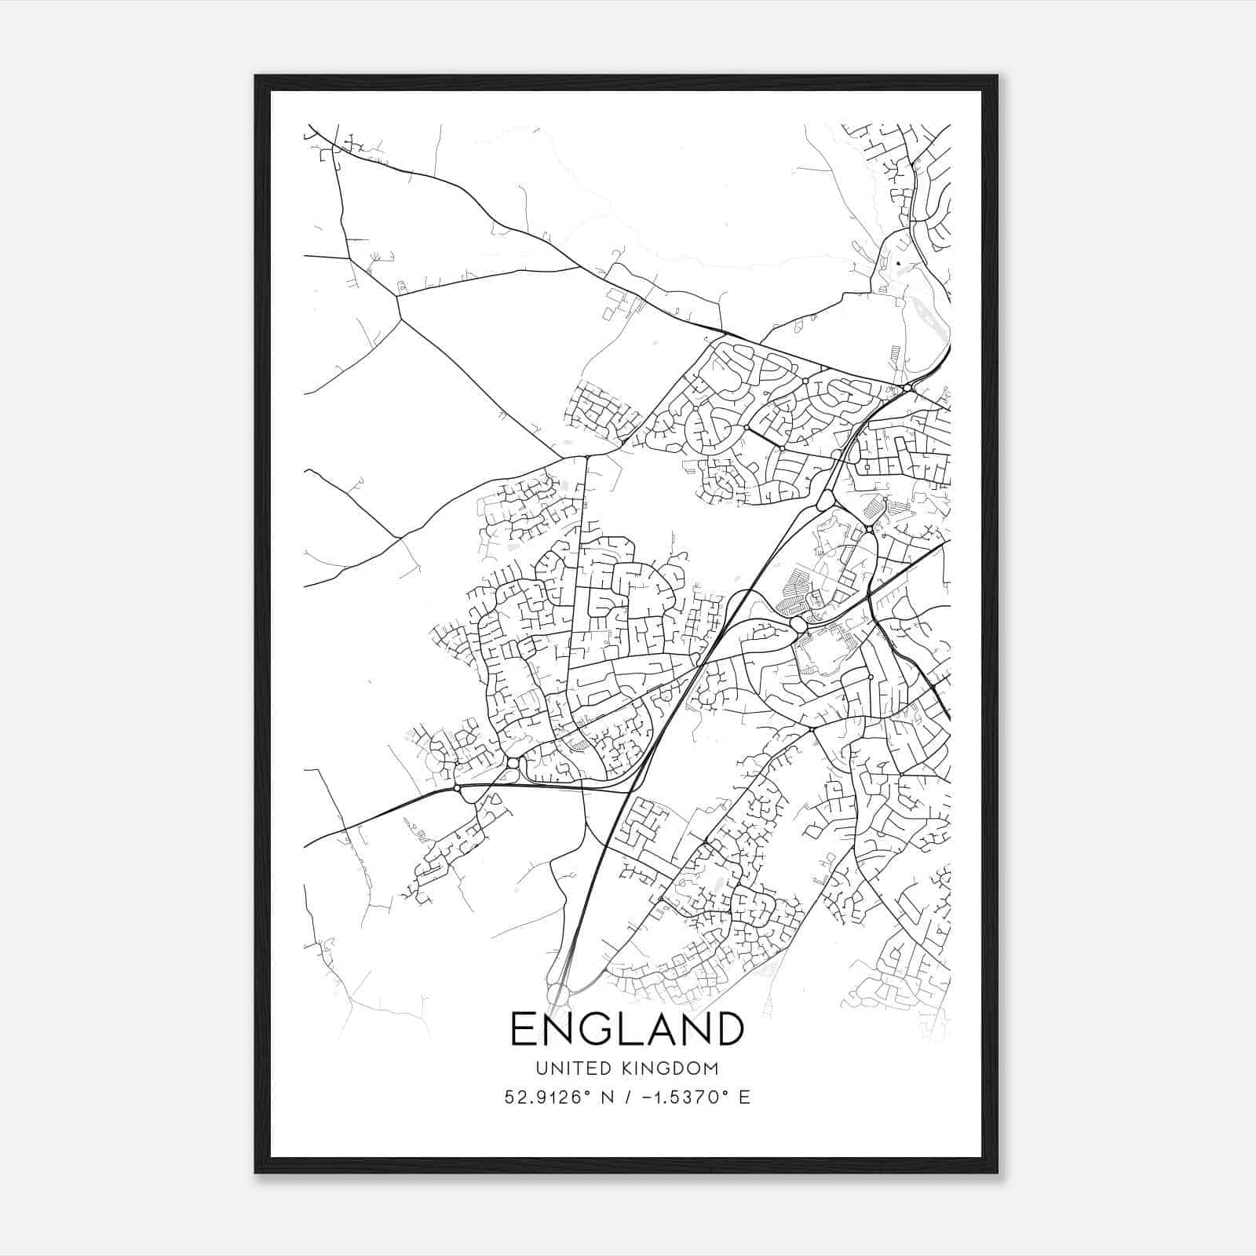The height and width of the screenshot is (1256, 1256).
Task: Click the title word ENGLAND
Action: click(x=627, y=1028)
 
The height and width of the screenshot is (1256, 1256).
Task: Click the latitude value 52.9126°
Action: click(x=549, y=1097)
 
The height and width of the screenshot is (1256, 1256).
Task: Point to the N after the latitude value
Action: click(x=607, y=1097)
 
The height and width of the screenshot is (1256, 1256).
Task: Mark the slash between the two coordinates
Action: click(x=626, y=1097)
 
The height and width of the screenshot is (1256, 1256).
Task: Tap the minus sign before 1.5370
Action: click(x=645, y=1097)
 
